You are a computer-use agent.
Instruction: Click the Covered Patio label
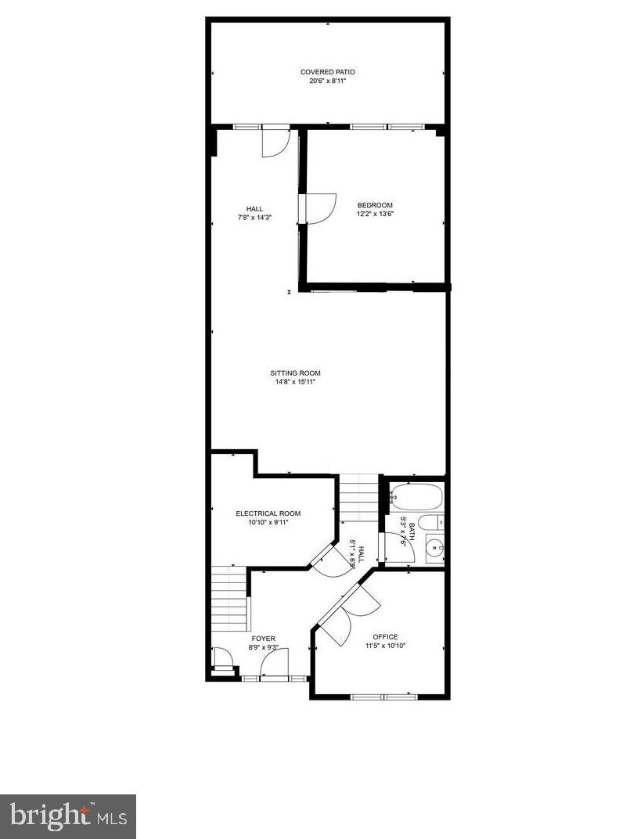[327, 72]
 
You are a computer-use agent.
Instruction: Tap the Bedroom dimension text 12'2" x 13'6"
[375, 214]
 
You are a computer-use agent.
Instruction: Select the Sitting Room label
[296, 373]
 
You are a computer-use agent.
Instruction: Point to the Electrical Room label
[268, 513]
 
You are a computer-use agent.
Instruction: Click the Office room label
[385, 637]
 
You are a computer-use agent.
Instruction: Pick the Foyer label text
[263, 639]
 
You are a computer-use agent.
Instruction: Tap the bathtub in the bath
[416, 497]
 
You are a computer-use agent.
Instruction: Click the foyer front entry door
[274, 666]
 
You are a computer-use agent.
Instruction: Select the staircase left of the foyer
[229, 599]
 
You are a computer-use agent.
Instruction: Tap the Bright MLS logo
[68, 816]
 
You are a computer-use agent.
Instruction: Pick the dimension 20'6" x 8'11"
[327, 81]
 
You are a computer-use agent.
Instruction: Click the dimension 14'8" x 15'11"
[296, 383]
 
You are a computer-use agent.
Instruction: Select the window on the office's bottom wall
[384, 697]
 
